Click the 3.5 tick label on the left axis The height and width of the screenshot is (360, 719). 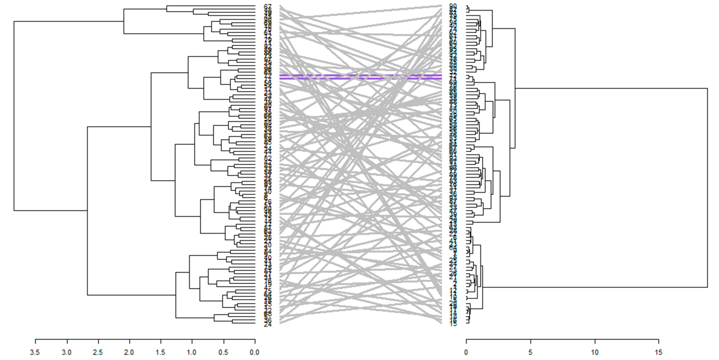click(x=35, y=352)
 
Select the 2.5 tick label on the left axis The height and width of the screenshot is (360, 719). click(x=98, y=352)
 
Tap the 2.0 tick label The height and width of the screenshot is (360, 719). click(x=129, y=352)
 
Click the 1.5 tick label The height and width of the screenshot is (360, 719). click(x=160, y=352)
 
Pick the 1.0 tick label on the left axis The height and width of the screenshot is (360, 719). click(x=192, y=352)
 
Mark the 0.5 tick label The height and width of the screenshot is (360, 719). click(x=223, y=352)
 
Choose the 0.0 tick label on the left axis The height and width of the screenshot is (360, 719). click(x=255, y=352)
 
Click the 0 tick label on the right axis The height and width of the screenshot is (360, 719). click(x=466, y=352)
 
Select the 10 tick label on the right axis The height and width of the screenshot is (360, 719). click(x=595, y=352)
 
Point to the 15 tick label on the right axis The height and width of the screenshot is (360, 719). click(x=659, y=352)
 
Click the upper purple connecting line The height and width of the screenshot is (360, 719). click(x=360, y=75)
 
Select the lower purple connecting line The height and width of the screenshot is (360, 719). click(x=360, y=79)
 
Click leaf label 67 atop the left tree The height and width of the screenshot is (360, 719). click(x=268, y=6)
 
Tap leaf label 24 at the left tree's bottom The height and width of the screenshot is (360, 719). click(x=268, y=324)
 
